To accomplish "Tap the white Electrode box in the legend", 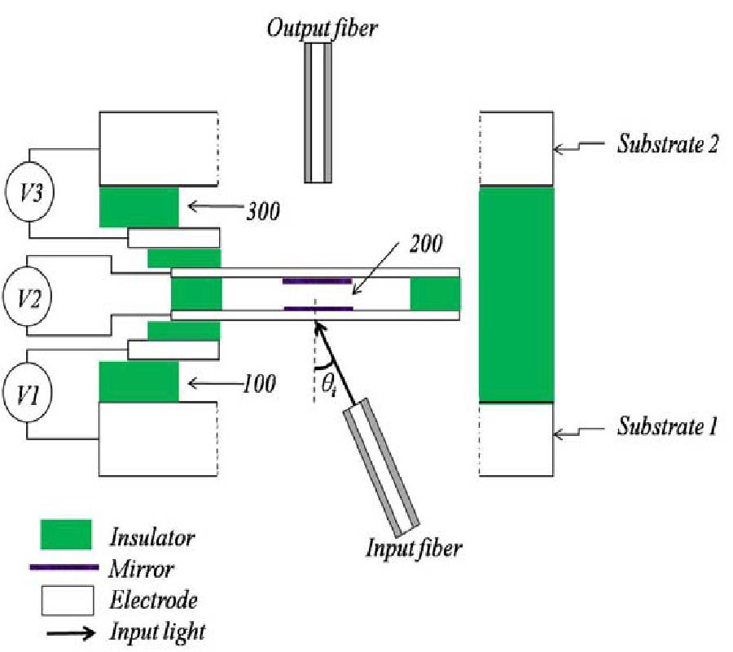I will [x=68, y=601].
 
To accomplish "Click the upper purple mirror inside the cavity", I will [x=318, y=281].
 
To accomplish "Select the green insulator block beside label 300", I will [x=138, y=207].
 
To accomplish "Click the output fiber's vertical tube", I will [x=318, y=112].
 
